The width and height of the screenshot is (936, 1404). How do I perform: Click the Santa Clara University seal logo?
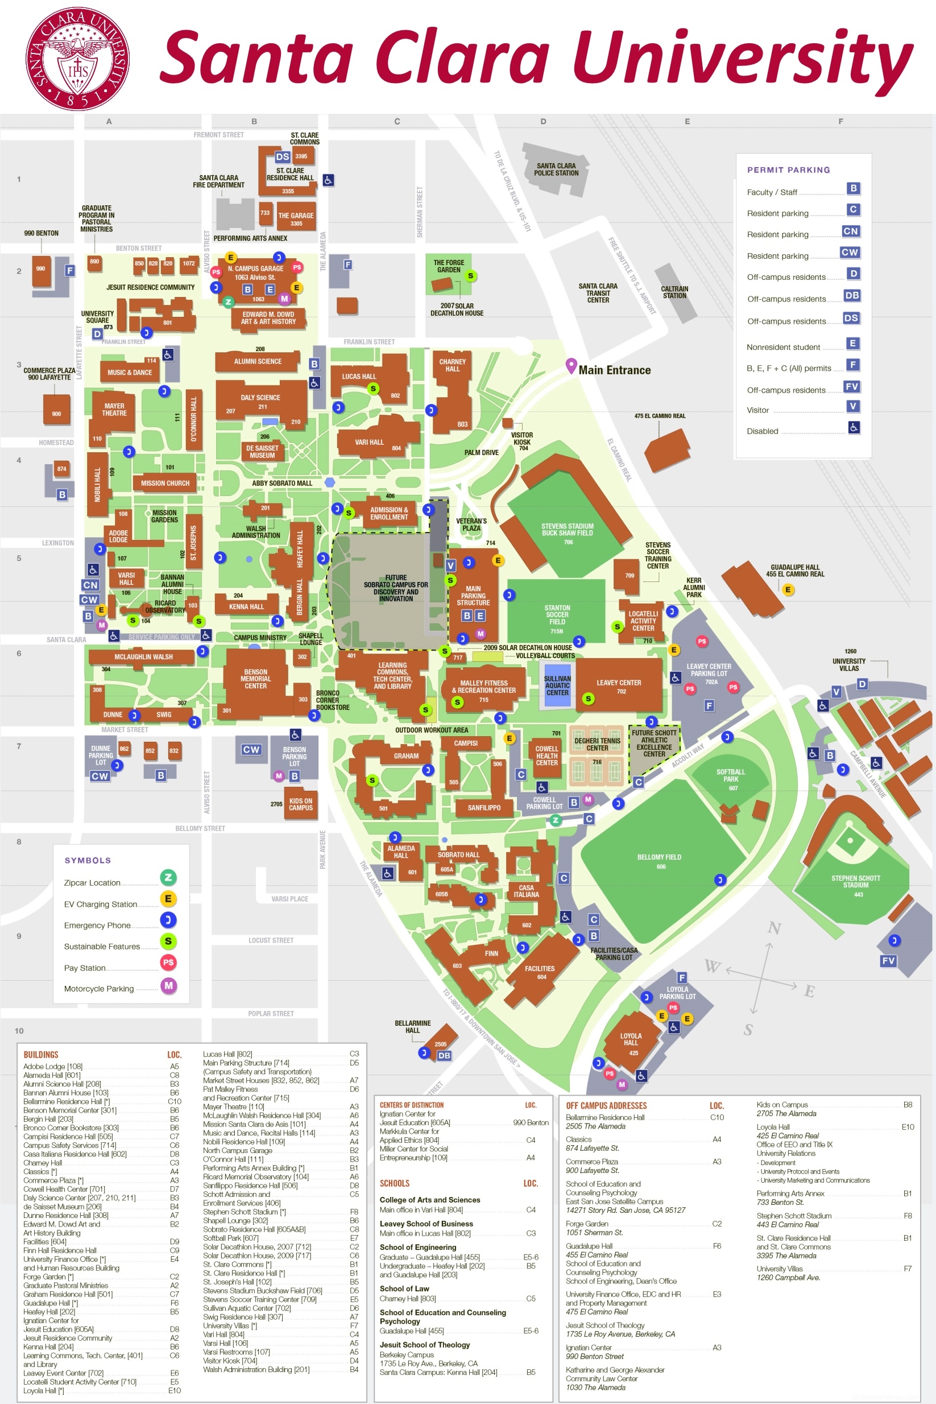point(77,59)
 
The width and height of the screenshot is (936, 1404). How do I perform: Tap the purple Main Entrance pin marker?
point(571,365)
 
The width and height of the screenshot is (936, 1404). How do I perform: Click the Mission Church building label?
point(165,483)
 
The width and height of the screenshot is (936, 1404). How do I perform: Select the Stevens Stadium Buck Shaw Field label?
point(567,530)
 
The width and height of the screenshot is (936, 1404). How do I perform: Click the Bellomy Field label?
point(659,857)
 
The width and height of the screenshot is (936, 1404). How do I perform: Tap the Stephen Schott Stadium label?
point(855,881)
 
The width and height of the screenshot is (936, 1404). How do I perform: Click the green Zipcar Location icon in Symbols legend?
point(168,877)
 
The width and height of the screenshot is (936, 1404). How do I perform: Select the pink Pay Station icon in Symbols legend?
point(168,962)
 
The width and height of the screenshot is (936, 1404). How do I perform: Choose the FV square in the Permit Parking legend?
point(852,386)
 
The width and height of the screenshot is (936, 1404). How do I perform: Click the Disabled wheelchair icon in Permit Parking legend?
point(854,428)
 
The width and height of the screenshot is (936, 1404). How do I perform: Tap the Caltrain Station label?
point(674,292)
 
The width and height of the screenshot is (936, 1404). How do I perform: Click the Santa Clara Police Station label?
point(556,170)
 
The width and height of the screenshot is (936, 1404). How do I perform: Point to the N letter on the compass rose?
point(775,928)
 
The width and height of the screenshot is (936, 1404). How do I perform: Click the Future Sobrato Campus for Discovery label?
point(396,588)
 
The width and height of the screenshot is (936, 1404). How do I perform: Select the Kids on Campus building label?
point(300,804)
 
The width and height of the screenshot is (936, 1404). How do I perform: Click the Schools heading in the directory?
point(395,1183)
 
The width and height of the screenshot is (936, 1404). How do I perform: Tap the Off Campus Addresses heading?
point(606,1106)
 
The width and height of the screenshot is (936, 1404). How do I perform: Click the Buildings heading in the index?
point(41,1055)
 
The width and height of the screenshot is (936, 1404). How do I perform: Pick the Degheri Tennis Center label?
point(597,744)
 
